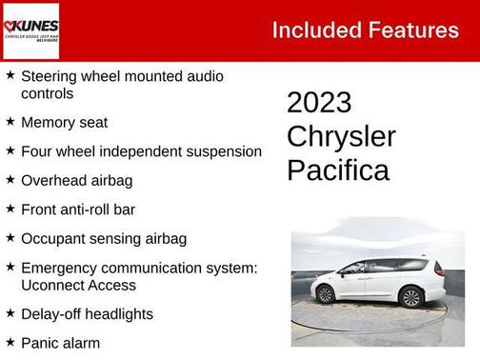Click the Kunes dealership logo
(31, 30)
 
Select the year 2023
(319, 103)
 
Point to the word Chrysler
(341, 136)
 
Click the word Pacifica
(338, 170)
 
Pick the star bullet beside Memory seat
(10, 122)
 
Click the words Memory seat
(64, 123)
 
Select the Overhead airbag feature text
(76, 180)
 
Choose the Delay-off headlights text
(87, 313)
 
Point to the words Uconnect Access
(78, 285)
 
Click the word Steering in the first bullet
(49, 75)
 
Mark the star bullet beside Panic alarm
(10, 341)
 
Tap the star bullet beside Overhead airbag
(10, 179)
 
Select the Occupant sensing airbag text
(103, 238)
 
